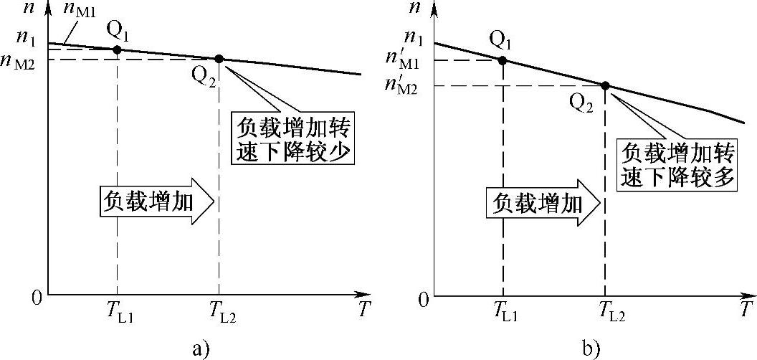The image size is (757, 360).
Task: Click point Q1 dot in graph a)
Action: [117, 49]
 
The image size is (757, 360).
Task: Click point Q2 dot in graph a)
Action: [219, 59]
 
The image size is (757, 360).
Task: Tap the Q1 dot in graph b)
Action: [503, 60]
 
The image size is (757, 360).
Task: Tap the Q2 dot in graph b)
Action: [605, 86]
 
